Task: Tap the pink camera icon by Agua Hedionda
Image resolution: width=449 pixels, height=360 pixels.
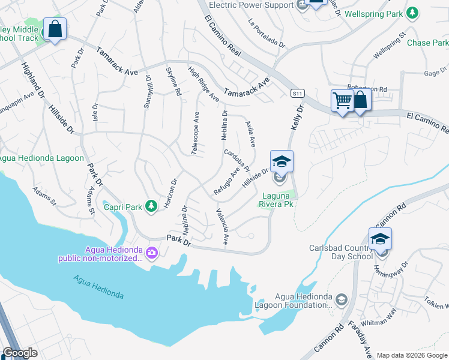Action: coord(151,253)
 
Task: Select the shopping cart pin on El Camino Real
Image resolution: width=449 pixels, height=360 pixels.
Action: coord(342,101)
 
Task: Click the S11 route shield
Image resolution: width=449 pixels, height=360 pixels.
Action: coord(297,94)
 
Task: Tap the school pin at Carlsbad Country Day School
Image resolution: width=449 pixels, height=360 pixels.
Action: coord(380,240)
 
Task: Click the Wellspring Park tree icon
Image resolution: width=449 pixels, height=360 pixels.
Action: coord(412,12)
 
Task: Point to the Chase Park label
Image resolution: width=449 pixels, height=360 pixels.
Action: coord(427,43)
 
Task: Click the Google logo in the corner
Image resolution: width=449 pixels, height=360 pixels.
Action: coord(20,353)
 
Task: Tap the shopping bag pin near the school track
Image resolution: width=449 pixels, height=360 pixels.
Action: coord(55,29)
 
